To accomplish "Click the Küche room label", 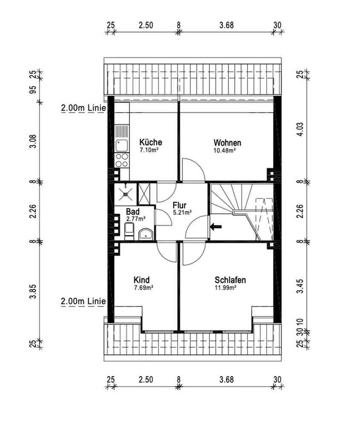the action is (151, 142).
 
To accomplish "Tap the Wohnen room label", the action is (227, 143).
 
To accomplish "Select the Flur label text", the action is (179, 205).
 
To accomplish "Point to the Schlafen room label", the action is (230, 280).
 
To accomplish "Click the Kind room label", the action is (142, 280).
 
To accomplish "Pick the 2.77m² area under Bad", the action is (136, 218).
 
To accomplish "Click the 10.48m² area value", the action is (224, 150).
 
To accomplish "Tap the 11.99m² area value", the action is (225, 287).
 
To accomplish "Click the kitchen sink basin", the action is (122, 146).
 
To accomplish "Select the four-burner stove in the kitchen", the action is (122, 160).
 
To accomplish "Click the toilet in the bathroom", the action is (129, 231).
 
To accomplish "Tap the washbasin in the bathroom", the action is (146, 234).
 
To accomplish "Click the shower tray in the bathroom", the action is (125, 194).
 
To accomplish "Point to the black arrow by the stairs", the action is (216, 226).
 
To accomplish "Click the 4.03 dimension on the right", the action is (300, 129).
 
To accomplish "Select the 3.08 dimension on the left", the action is (33, 141).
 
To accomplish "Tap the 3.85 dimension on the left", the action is (33, 291).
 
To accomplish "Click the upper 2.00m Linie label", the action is (83, 108).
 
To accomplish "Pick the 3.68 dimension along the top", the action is (226, 25).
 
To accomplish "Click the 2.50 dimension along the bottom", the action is (146, 380).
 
